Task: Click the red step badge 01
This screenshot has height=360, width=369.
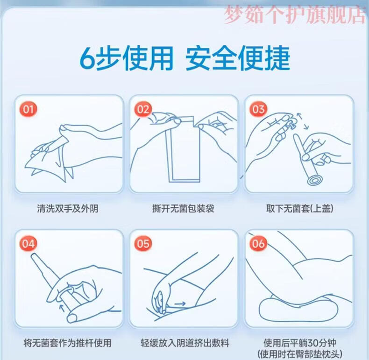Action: (28, 109)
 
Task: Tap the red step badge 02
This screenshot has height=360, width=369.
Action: (143, 109)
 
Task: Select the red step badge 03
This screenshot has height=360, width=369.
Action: (258, 109)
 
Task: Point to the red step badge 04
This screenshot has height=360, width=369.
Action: (28, 244)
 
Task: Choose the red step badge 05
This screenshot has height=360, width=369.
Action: (143, 244)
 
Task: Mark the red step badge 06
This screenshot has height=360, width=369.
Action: (258, 244)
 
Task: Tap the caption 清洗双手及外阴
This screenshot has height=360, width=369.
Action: (68, 209)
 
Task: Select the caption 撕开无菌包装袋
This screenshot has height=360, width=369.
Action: (183, 209)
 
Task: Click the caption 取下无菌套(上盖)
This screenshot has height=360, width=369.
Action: (299, 209)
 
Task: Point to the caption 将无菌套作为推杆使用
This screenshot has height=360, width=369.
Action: (68, 343)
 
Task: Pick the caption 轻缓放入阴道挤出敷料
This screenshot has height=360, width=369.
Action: (185, 343)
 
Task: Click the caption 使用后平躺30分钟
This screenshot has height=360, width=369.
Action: (300, 343)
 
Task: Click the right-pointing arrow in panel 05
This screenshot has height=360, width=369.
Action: (180, 304)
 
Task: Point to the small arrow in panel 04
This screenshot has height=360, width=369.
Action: (62, 308)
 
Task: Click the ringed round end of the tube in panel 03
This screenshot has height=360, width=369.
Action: (314, 181)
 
